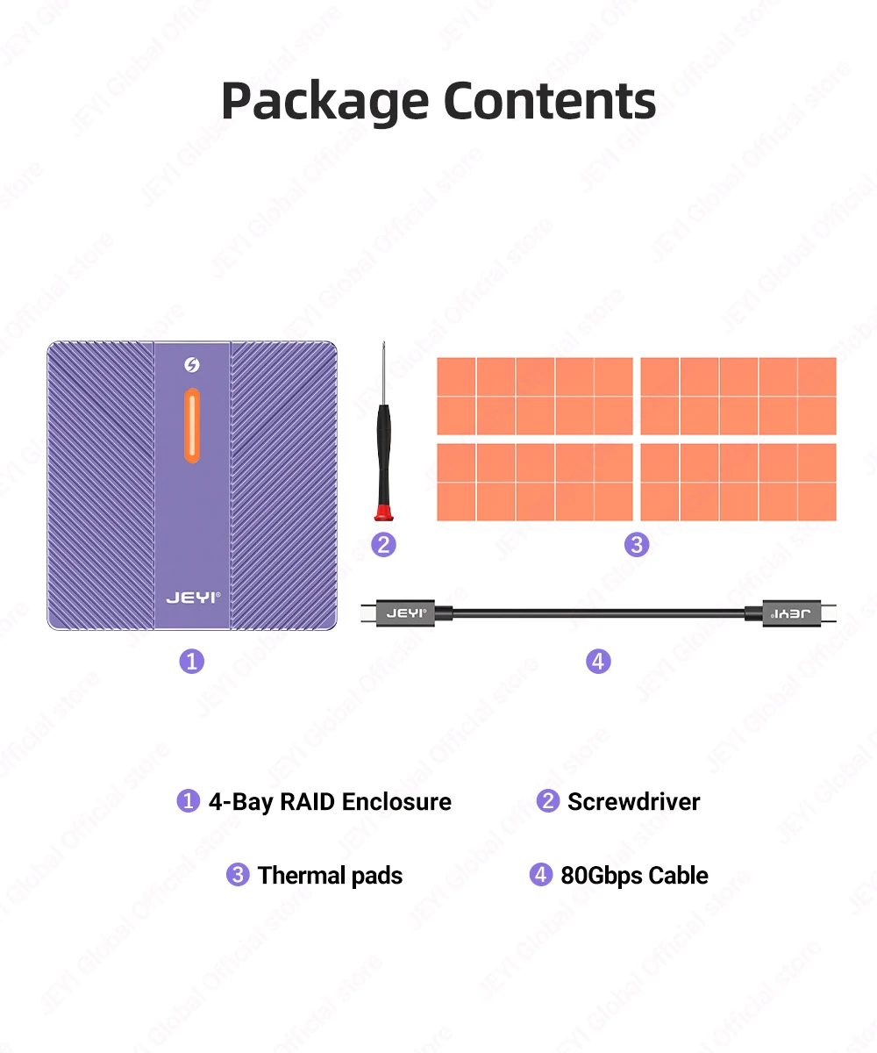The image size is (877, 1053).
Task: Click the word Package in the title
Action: click(x=325, y=102)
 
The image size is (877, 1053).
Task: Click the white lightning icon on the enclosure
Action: click(x=192, y=364)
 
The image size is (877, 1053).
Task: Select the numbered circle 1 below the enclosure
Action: click(x=191, y=660)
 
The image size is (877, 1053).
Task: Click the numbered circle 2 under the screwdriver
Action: click(x=383, y=544)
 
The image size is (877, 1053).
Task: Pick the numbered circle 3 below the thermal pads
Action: click(x=637, y=544)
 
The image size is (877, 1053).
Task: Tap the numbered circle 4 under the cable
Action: click(x=598, y=660)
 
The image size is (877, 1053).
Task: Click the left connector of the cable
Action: click(x=405, y=613)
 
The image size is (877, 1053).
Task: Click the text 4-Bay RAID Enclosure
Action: click(x=330, y=802)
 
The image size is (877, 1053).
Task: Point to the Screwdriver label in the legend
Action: click(x=633, y=802)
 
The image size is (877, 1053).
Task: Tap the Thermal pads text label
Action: click(x=330, y=876)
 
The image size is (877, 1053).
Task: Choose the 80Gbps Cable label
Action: click(x=634, y=876)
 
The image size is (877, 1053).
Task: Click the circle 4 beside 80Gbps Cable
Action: click(x=541, y=875)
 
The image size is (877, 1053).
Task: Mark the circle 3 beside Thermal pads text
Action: click(x=238, y=875)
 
